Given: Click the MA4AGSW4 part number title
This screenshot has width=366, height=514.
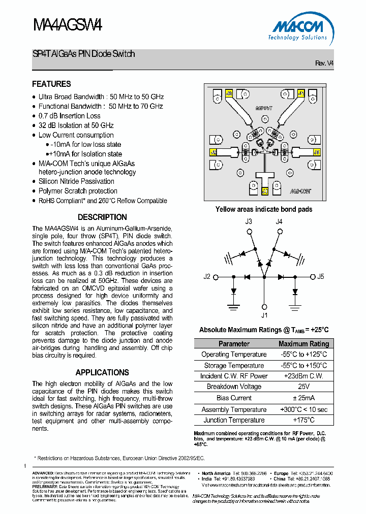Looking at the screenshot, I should (68, 26).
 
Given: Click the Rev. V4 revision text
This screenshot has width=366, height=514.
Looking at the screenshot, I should (324, 63).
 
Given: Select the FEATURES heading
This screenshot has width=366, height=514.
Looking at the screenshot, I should (51, 84).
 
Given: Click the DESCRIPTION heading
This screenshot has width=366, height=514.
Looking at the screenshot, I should (102, 217).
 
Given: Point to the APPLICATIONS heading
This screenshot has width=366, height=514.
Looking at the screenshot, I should (102, 372).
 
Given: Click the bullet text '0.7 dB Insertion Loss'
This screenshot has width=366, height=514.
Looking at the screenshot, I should (70, 116).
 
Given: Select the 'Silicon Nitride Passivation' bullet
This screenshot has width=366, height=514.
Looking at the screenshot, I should (76, 181).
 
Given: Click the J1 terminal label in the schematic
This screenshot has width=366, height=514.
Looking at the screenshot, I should (264, 315).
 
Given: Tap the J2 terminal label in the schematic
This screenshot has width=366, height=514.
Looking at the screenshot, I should (207, 277).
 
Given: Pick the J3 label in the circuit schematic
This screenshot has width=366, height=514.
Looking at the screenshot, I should (249, 221).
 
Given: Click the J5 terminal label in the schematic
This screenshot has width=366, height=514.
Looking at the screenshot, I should (320, 277).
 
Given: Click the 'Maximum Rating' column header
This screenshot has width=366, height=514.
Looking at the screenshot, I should (304, 344).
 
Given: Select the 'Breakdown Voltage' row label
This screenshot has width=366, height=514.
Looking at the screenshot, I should (234, 387).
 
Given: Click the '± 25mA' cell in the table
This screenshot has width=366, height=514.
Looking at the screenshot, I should (304, 398).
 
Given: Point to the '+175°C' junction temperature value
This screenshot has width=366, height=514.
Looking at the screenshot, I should (304, 420).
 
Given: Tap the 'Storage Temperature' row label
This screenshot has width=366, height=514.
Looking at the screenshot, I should (234, 365).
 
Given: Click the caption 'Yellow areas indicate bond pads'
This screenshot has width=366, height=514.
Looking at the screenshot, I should (264, 209).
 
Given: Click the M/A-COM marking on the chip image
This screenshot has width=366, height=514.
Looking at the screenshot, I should (300, 192).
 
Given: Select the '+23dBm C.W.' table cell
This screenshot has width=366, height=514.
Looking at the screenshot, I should (304, 376).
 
